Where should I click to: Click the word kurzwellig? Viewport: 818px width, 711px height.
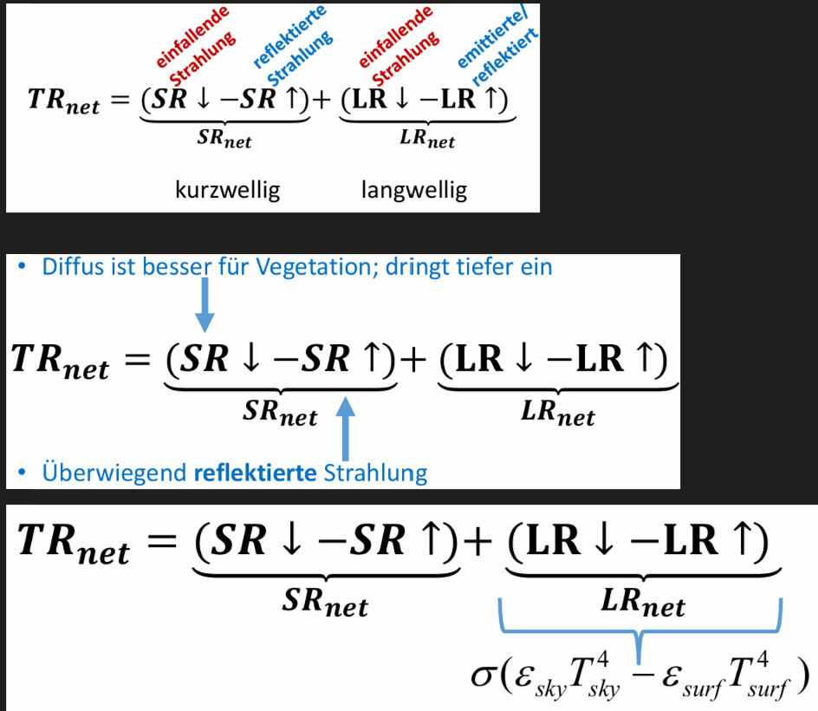(227, 190)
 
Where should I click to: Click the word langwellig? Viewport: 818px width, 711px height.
(414, 190)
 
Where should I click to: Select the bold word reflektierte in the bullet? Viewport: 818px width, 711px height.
(255, 473)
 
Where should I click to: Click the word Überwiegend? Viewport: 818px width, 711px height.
(114, 473)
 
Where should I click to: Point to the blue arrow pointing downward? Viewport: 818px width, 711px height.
(204, 305)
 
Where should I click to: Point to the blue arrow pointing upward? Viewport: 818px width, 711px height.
(346, 428)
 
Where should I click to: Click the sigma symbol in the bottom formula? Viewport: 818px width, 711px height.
(482, 676)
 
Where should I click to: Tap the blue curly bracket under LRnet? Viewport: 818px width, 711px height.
(639, 631)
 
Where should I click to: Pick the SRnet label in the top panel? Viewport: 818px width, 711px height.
(224, 139)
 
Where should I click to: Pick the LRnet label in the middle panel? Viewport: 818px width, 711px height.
(558, 413)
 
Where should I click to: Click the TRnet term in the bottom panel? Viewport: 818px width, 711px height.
(73, 544)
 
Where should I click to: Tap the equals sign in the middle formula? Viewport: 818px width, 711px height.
(138, 359)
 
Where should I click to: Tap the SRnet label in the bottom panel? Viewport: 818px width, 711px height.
(325, 602)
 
